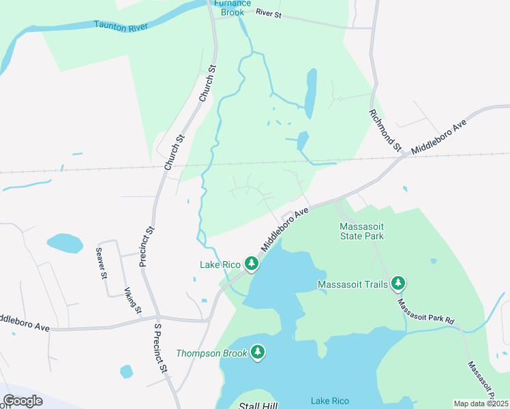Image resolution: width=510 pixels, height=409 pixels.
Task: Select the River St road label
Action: click(268, 13)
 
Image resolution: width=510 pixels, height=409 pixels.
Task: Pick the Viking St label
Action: click(132, 301)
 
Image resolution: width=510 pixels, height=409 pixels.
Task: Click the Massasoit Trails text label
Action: click(352, 284)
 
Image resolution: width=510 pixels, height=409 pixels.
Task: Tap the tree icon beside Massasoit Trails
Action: click(398, 284)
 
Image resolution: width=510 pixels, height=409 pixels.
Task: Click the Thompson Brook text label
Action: click(211, 353)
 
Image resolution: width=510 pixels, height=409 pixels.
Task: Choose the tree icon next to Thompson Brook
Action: click(258, 352)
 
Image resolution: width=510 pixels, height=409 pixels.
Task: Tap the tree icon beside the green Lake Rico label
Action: click(252, 263)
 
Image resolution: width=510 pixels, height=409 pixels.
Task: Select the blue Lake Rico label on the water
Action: click(330, 401)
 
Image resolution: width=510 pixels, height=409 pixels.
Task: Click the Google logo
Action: click(23, 401)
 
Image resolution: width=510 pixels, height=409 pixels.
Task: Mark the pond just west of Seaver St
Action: click(65, 243)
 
